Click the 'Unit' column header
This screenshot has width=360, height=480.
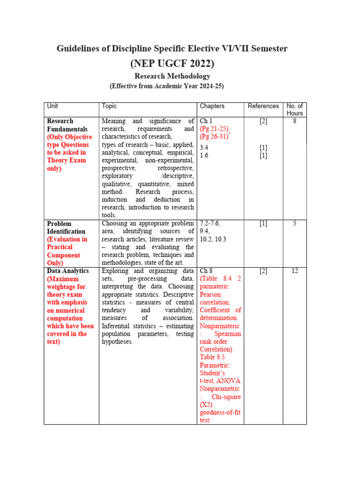(52, 106)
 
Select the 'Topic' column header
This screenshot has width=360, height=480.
(109, 106)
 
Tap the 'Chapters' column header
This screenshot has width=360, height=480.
(212, 106)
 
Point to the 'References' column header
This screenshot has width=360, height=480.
(263, 106)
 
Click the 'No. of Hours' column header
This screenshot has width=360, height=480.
(294, 110)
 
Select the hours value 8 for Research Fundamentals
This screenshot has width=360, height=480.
(294, 121)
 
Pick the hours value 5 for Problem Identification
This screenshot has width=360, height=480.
(294, 224)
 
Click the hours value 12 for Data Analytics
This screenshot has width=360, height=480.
(294, 271)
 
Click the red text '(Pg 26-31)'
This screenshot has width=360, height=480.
(214, 136)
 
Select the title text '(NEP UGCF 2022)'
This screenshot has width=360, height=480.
(172, 63)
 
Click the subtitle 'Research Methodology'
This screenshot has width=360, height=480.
(172, 76)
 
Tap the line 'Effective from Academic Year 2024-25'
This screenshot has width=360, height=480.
(166, 86)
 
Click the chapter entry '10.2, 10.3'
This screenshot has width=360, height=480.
(213, 239)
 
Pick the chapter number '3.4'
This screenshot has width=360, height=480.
(204, 148)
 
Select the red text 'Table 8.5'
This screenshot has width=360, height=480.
(212, 357)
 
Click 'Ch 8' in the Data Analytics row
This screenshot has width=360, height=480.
(206, 271)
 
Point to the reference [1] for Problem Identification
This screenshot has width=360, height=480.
(263, 224)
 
